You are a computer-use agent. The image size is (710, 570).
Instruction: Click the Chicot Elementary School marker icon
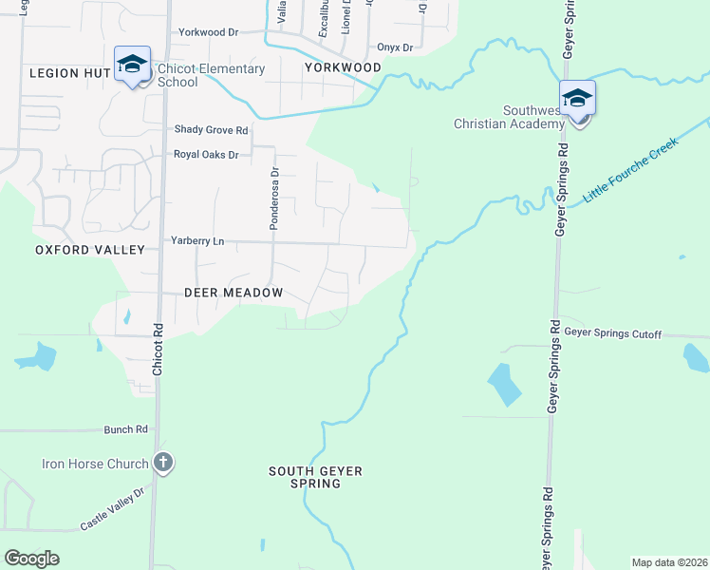point(132,65)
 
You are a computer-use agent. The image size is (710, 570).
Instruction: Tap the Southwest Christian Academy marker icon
point(576,99)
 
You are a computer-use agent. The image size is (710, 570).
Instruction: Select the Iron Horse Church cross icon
point(163,464)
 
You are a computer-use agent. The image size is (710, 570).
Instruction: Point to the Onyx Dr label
point(394,47)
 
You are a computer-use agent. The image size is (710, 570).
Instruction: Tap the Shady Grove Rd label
point(211,130)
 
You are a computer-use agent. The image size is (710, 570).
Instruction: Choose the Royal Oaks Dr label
point(205,154)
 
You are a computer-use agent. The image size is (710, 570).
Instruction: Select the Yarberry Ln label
point(197,241)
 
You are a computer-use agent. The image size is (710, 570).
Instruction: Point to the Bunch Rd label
point(126,429)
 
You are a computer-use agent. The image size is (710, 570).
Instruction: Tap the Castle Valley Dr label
point(112,508)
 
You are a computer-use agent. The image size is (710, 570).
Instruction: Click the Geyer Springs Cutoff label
point(612,333)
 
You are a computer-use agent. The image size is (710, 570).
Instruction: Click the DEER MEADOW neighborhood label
point(221,293)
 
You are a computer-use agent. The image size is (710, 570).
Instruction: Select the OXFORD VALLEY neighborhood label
point(89,250)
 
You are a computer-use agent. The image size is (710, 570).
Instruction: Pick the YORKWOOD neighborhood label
point(343,67)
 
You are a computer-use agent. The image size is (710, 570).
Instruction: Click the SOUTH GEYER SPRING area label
point(316,477)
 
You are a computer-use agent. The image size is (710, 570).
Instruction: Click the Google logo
point(31,559)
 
